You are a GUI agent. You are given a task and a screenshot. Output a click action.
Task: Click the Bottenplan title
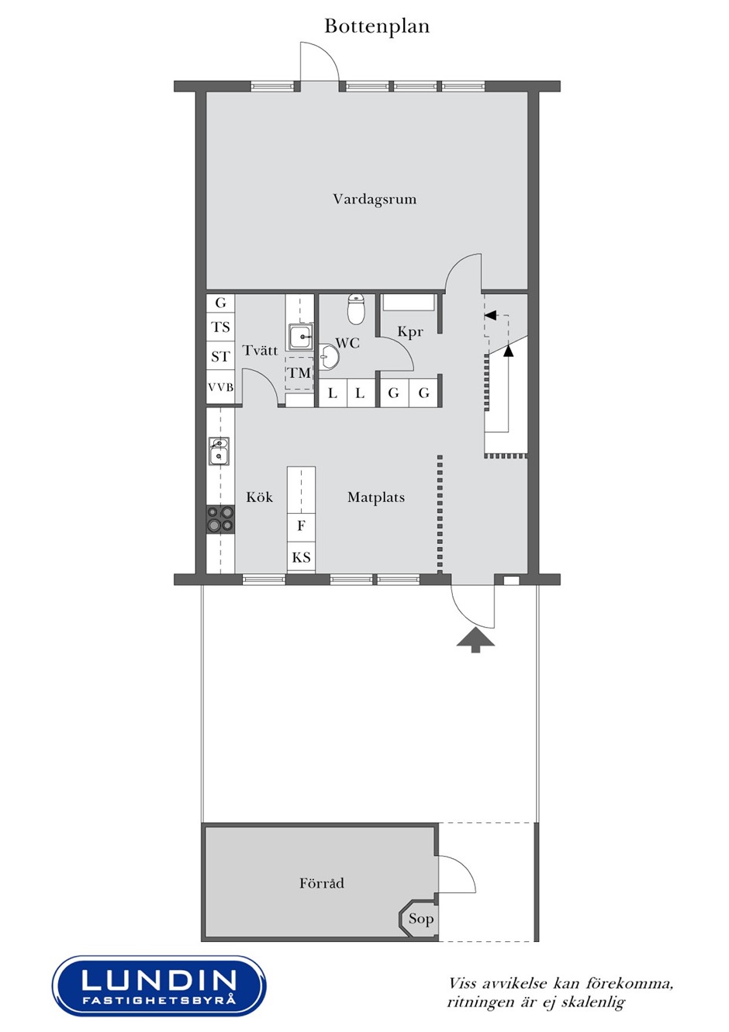point(377,26)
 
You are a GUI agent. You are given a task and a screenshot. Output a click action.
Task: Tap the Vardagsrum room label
point(375,199)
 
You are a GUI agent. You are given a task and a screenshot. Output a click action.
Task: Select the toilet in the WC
point(355,308)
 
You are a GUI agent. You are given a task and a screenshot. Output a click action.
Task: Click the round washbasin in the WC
point(329,357)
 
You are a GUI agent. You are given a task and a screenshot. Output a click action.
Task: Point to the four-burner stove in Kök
point(220,519)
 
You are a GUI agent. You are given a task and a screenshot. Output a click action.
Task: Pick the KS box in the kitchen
point(301,557)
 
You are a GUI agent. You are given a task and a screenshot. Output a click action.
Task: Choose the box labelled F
point(301,525)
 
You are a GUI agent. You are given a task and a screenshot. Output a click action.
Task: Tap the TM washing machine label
point(299,372)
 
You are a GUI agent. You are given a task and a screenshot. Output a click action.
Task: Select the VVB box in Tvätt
point(220,387)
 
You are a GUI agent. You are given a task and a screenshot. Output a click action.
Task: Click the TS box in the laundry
point(220,327)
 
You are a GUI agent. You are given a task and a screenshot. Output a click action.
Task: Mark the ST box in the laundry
point(220,356)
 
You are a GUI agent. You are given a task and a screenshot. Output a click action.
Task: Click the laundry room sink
point(302,337)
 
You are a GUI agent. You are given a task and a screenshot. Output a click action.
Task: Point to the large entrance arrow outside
point(475,640)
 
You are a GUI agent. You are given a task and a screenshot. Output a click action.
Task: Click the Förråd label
point(321,883)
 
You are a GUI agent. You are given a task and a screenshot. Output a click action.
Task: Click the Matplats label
point(376,497)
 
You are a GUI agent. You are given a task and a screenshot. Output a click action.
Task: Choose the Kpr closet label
point(409,332)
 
